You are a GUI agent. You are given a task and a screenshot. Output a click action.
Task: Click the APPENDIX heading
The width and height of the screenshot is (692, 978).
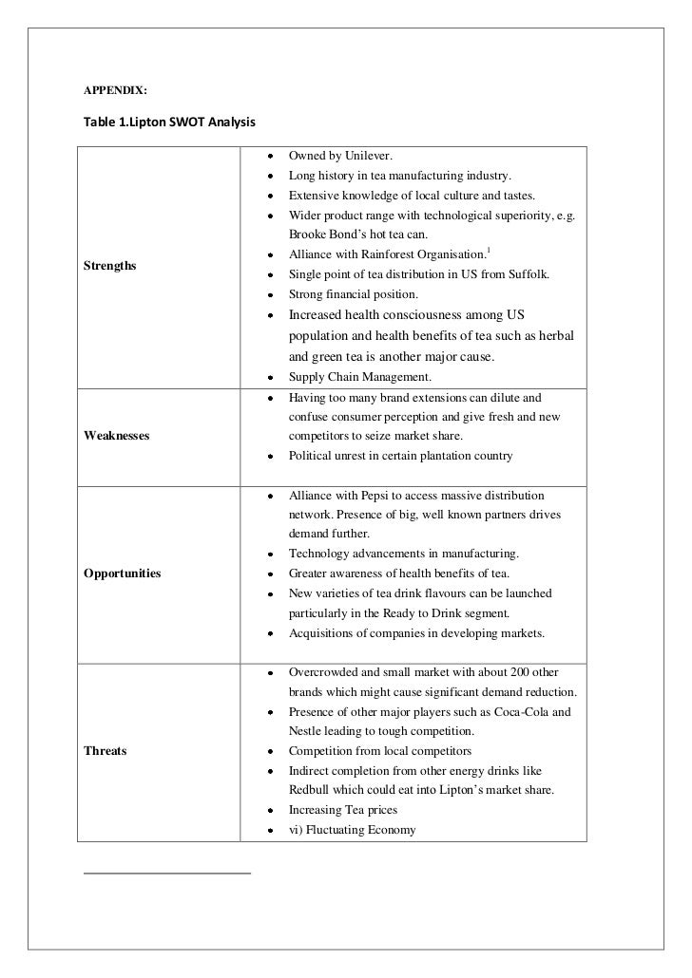115,91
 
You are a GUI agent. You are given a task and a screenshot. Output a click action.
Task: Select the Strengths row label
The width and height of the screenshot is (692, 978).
109,266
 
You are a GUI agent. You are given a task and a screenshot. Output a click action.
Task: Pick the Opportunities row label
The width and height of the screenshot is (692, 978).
122,574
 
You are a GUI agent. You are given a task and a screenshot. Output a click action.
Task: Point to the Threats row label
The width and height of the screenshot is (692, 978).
106,751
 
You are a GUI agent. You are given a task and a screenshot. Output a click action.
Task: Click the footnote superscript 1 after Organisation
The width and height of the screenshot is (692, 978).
489,250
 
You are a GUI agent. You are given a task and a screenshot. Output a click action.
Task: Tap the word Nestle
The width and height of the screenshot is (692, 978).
305,731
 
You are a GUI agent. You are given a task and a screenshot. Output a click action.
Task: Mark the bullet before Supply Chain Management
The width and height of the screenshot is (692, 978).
271,378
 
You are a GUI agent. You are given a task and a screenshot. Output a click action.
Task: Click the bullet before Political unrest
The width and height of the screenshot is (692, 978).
271,456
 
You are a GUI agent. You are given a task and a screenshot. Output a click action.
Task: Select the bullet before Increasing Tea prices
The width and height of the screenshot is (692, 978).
271,812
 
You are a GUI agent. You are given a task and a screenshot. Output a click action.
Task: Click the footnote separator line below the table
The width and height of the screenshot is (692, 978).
167,871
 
